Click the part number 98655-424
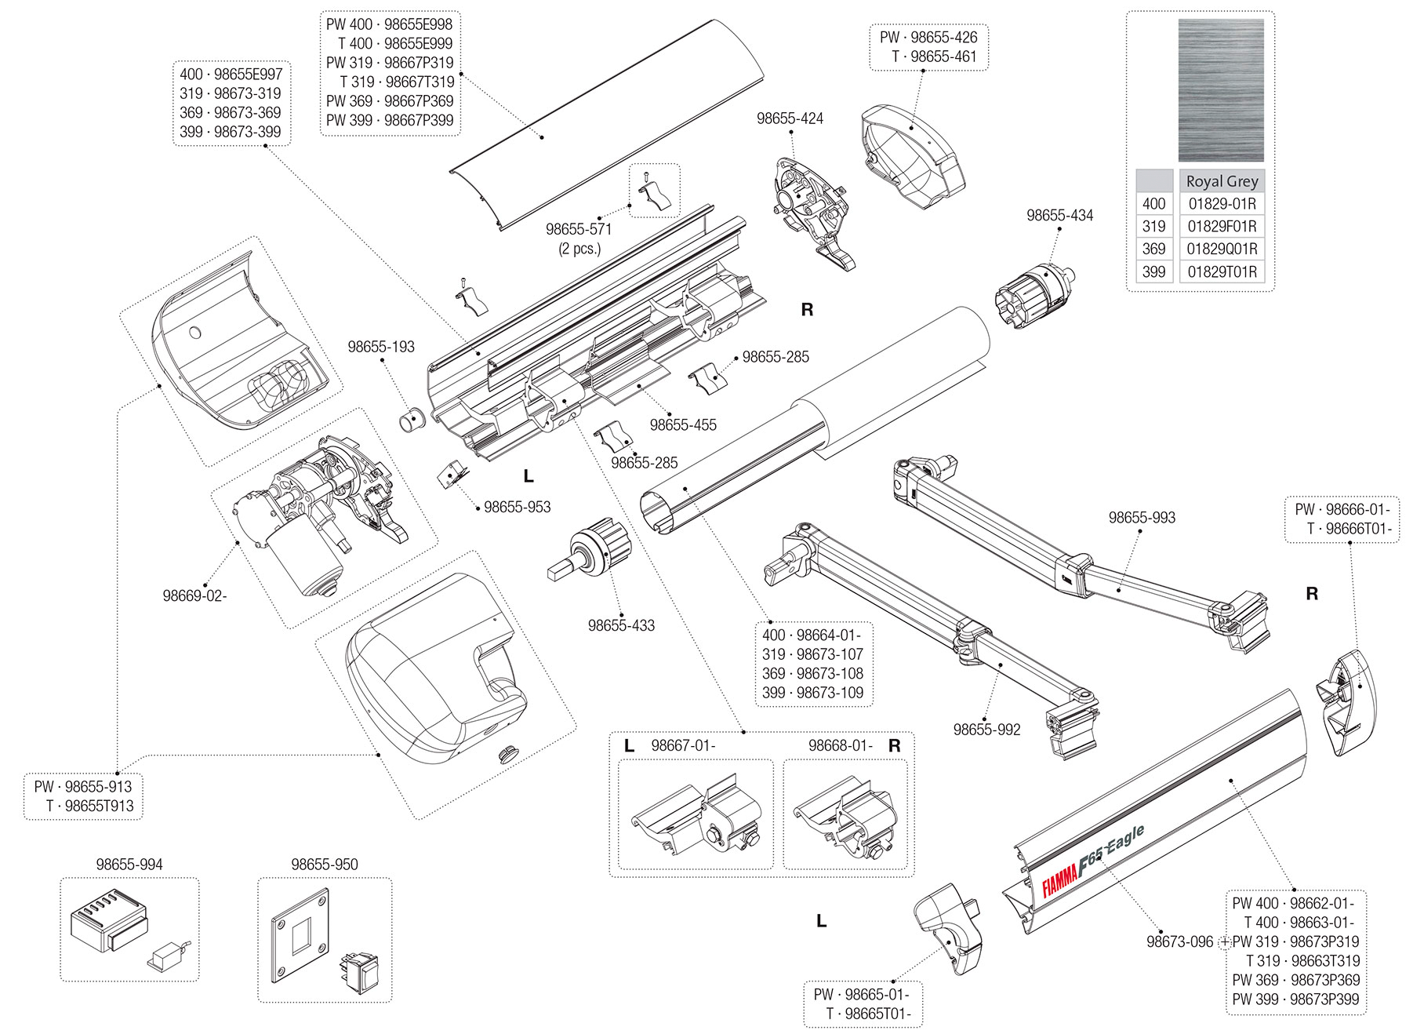(x=790, y=118)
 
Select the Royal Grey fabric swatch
(x=1220, y=90)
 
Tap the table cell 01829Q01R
(x=1222, y=249)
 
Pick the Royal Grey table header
(x=1222, y=181)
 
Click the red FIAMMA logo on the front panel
(x=1059, y=880)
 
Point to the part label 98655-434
(x=1059, y=216)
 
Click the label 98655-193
(x=381, y=347)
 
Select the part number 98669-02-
(x=194, y=596)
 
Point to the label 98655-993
(x=1142, y=518)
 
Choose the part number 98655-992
(x=986, y=730)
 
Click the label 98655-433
(x=621, y=626)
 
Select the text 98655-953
(x=517, y=508)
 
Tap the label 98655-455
(x=683, y=425)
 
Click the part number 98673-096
(x=1179, y=941)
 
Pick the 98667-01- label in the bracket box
(x=683, y=746)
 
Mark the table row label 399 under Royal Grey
(x=1153, y=272)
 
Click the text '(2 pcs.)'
(x=579, y=249)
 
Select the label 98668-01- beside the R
(x=841, y=746)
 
